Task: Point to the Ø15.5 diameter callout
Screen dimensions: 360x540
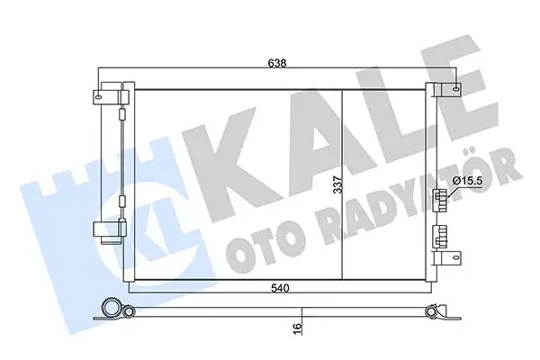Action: [x=468, y=182]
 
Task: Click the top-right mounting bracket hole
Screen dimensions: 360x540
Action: [x=456, y=89]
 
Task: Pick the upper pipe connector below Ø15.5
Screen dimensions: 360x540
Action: [x=439, y=201]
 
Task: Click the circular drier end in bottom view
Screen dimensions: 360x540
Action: [x=112, y=308]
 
